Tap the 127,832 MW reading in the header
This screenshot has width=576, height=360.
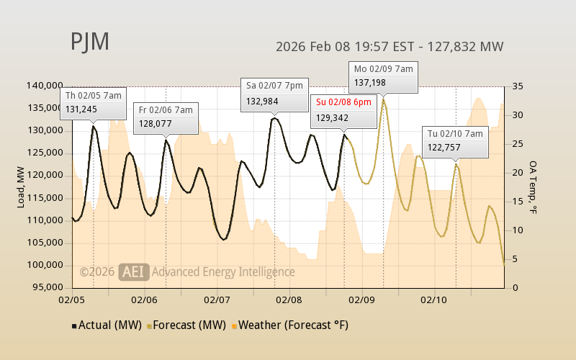click(x=466, y=47)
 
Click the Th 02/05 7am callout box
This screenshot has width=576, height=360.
click(x=94, y=102)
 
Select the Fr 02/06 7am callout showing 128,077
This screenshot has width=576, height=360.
click(x=166, y=117)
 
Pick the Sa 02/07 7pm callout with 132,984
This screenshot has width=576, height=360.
click(x=275, y=93)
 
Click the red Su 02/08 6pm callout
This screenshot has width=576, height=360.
click(x=344, y=109)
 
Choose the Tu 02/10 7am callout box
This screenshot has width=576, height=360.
click(x=455, y=141)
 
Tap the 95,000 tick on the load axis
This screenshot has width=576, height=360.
click(x=47, y=287)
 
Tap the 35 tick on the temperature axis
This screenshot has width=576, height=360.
click(x=517, y=86)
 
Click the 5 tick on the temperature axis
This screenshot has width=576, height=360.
click(x=514, y=259)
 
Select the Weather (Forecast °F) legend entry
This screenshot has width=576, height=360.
click(x=291, y=325)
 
